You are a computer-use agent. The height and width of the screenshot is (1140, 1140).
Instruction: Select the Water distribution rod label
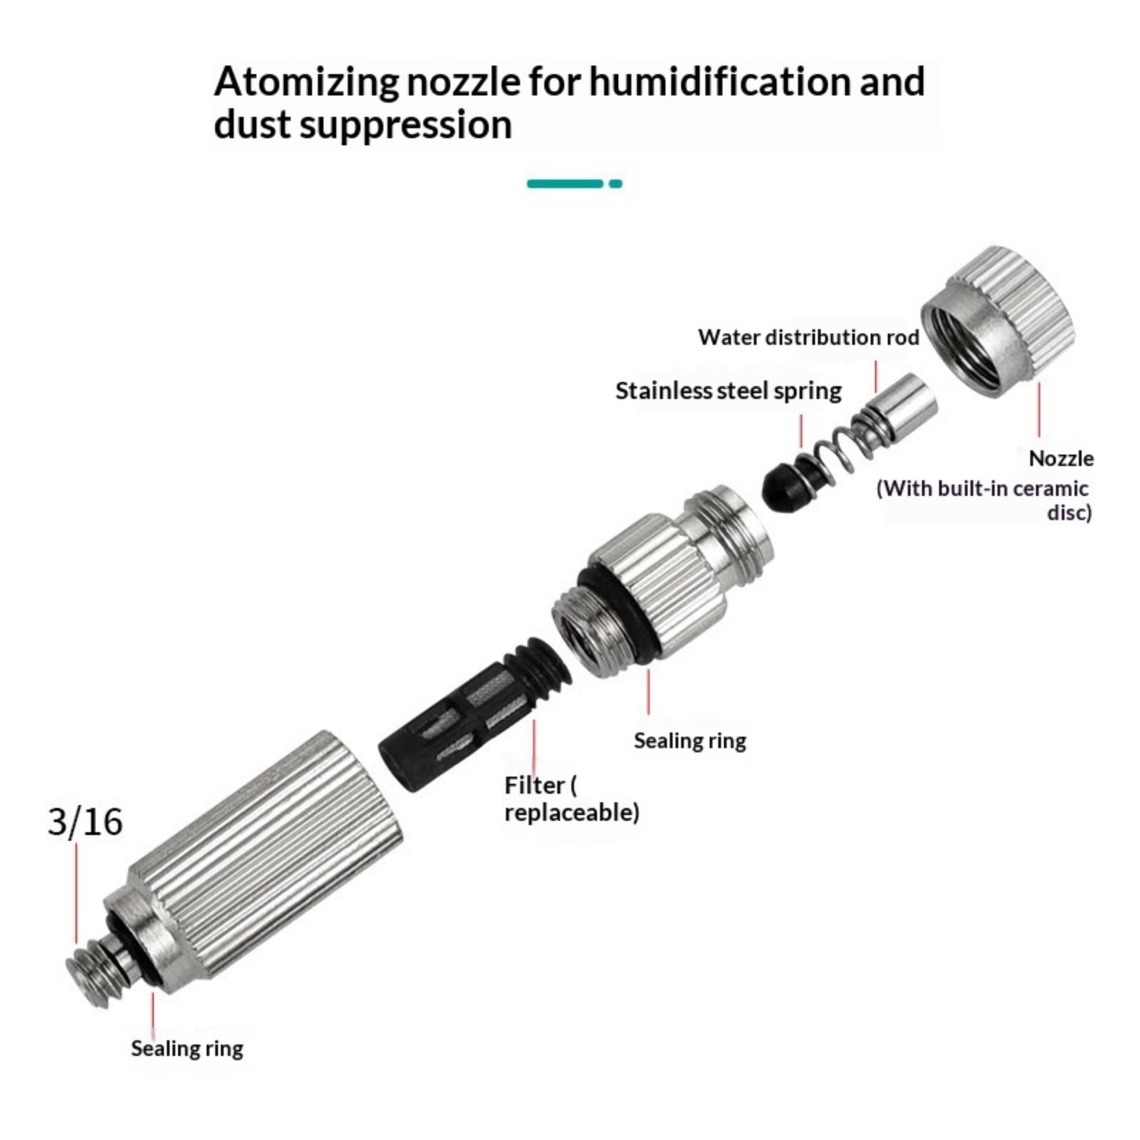pos(809,337)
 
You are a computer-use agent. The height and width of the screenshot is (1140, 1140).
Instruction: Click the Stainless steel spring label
pos(728,391)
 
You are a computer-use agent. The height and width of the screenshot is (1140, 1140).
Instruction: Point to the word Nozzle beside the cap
pos(1061,458)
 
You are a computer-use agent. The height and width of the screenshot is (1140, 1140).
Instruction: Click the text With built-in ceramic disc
pos(984,500)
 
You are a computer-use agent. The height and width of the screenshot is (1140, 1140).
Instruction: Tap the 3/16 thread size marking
pos(85,822)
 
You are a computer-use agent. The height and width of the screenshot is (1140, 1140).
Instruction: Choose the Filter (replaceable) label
pos(571,799)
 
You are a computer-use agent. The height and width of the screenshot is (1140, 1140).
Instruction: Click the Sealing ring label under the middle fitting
pos(690,741)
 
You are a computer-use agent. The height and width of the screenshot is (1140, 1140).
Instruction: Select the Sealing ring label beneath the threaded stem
pos(187,1049)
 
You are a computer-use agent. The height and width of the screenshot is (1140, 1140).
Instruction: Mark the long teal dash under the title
pos(565,184)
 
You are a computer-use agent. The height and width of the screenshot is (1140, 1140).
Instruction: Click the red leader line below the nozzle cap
pos(1039,410)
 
